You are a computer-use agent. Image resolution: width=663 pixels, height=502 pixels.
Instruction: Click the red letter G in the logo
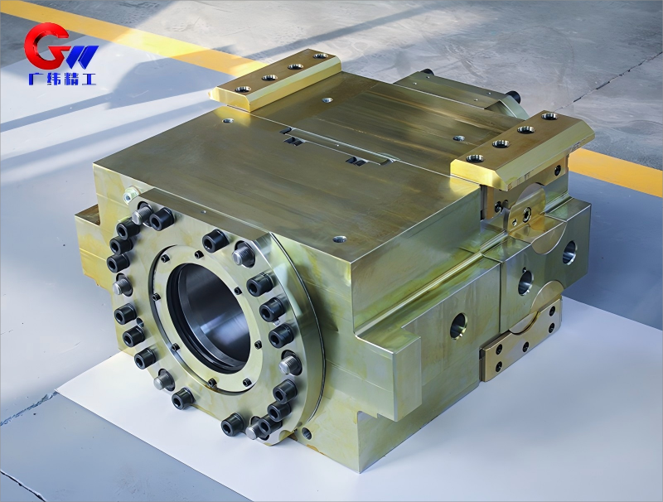(43, 47)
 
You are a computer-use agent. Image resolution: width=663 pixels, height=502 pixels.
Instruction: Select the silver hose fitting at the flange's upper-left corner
(131, 195)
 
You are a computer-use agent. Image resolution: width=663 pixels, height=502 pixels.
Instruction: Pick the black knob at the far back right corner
(512, 96)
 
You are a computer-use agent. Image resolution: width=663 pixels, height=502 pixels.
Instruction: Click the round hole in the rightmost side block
(569, 253)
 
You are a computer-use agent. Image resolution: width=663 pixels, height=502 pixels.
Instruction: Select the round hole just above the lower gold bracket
(525, 283)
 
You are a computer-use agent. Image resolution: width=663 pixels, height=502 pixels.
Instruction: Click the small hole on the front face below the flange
(307, 433)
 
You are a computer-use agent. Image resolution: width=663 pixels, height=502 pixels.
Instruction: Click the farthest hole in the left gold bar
(320, 57)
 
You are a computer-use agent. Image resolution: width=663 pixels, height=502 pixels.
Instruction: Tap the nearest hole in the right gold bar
(475, 157)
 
